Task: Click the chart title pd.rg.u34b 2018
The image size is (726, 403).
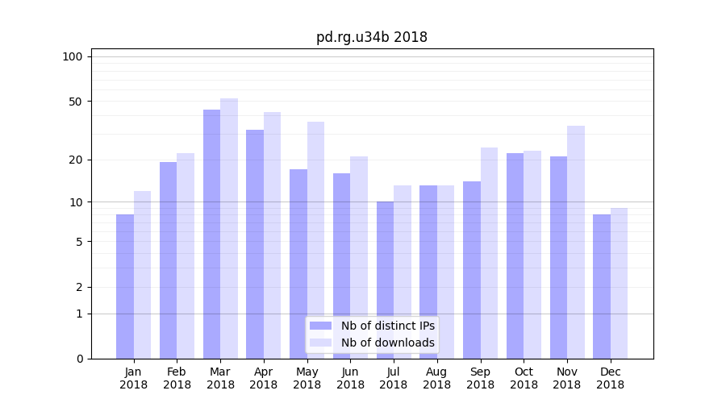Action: [372, 37]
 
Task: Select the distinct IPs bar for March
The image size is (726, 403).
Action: [211, 234]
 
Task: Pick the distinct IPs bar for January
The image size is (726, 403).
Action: [125, 286]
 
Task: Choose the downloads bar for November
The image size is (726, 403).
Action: [576, 242]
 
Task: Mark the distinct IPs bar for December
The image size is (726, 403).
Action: [602, 286]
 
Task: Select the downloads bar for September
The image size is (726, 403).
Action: [489, 253]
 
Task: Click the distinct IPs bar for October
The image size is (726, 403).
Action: [515, 256]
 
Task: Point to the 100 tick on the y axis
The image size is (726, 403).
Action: [73, 56]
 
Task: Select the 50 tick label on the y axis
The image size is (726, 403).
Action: [75, 102]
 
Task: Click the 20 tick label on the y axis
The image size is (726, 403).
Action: [75, 160]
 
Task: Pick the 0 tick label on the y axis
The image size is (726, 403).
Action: [79, 359]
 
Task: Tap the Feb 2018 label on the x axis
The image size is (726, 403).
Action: [177, 378]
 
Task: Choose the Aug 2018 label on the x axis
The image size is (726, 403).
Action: [436, 378]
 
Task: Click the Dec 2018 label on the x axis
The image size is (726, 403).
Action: [610, 378]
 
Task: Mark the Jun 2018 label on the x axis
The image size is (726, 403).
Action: [350, 378]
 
